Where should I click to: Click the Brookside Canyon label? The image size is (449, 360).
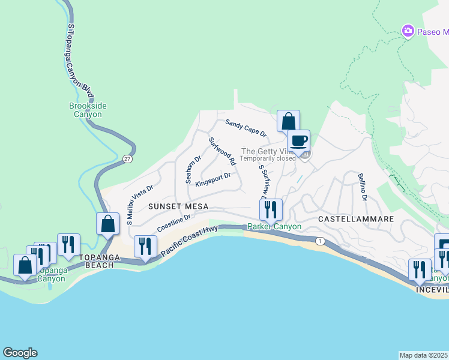88,110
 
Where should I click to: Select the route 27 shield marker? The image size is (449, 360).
127,159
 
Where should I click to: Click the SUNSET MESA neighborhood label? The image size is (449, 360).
178,206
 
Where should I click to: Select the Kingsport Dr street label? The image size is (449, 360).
213,178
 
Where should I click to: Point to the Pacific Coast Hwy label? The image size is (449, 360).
189,241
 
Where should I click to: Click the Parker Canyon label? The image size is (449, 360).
270,227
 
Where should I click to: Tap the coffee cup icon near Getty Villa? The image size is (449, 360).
298,142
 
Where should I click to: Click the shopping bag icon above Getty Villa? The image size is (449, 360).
288,121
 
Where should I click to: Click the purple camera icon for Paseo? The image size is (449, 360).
408,31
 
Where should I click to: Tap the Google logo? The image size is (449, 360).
20,353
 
